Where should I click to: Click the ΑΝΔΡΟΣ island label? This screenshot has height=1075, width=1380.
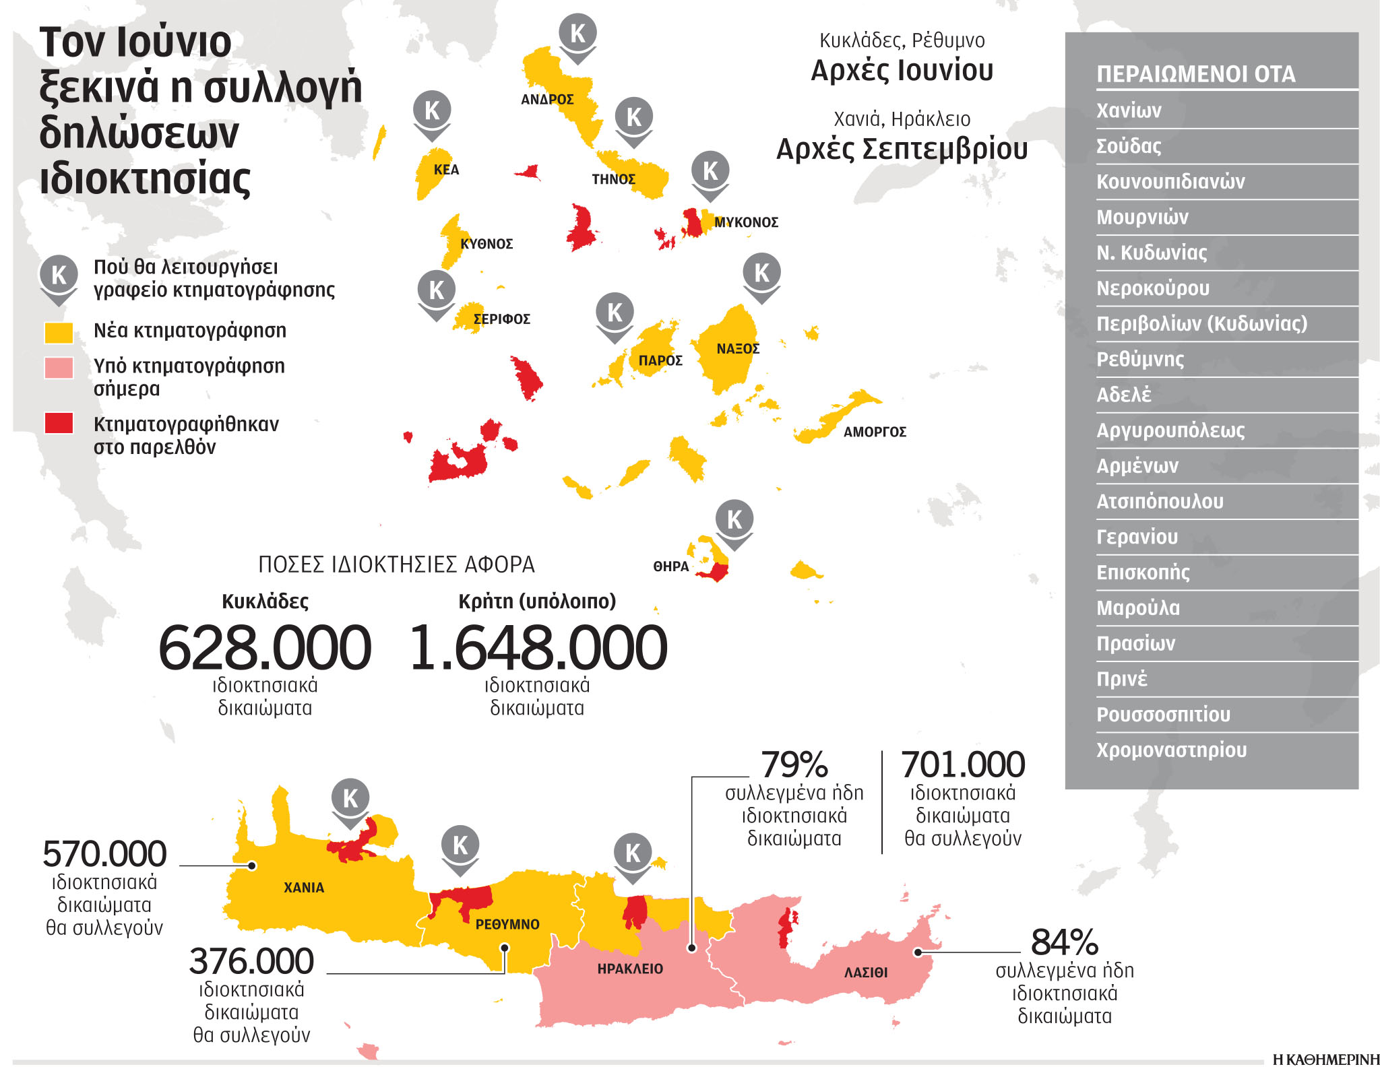click(x=547, y=100)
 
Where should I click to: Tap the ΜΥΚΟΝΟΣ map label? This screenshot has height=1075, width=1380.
click(x=746, y=222)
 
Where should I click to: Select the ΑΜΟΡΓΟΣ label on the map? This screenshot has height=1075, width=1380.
click(x=875, y=432)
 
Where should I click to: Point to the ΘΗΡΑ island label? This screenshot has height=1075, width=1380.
click(x=670, y=566)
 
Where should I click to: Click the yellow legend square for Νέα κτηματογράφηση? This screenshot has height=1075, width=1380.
click(x=59, y=331)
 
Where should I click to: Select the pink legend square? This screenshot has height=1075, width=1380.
click(x=59, y=368)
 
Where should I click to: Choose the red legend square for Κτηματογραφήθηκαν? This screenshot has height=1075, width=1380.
click(x=59, y=424)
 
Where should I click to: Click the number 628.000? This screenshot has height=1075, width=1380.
click(x=265, y=647)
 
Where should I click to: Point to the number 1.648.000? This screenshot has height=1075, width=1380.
click(x=538, y=647)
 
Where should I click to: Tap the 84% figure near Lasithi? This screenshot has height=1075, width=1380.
click(x=1064, y=942)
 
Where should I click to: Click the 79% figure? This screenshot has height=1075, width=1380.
click(x=794, y=764)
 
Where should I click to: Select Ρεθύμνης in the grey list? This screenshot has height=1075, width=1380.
click(x=1139, y=360)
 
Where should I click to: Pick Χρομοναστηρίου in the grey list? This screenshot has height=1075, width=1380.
click(x=1171, y=750)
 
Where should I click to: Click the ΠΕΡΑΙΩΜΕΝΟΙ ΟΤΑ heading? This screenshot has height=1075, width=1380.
click(x=1195, y=74)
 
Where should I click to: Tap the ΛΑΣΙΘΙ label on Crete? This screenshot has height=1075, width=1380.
click(x=866, y=973)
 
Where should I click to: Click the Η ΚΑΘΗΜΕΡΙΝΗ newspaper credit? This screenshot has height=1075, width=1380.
click(x=1325, y=1060)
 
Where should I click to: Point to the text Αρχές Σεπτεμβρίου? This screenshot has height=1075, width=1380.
click(x=902, y=150)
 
